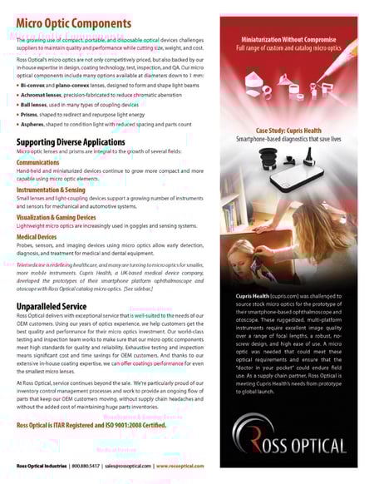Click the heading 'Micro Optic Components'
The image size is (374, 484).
[x=73, y=23]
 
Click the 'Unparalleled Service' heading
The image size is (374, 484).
[x=51, y=306]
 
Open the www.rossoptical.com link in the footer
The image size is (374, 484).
[x=181, y=467]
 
